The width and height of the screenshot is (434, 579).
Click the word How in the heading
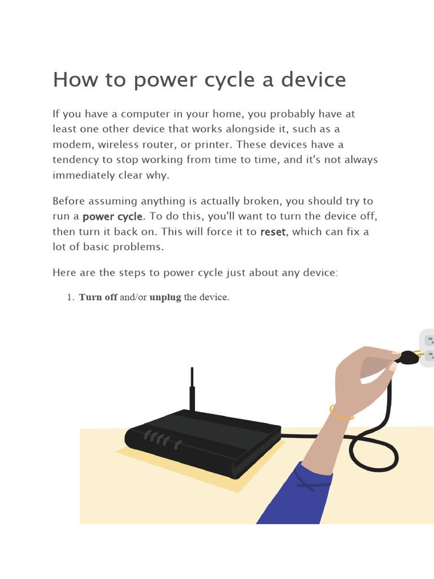click(72, 80)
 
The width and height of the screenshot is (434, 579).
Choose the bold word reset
click(272, 232)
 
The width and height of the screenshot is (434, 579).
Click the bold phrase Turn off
click(98, 297)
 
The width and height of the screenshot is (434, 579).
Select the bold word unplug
click(165, 297)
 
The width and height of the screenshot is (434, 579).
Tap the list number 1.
click(71, 297)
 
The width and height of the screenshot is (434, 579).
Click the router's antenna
click(192, 390)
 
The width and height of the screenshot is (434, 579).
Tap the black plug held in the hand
click(407, 358)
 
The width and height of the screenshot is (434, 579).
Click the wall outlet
click(427, 348)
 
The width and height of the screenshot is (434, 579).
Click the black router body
click(203, 438)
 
